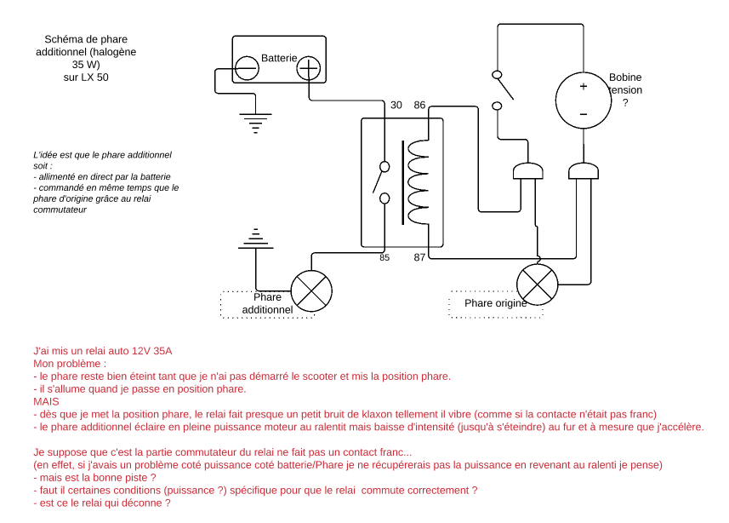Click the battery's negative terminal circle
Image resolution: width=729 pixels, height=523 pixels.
(x=247, y=68)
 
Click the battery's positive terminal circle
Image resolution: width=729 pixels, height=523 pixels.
(x=308, y=68)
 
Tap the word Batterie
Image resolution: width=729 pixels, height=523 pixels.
(x=278, y=58)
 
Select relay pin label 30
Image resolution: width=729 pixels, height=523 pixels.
(x=396, y=106)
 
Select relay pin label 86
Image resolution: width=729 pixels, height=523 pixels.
(x=419, y=106)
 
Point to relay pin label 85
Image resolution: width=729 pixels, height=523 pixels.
(x=384, y=257)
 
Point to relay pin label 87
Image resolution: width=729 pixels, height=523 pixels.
(x=419, y=257)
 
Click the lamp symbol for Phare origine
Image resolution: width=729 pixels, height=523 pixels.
(x=538, y=281)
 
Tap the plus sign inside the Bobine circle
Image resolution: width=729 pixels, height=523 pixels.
(x=584, y=87)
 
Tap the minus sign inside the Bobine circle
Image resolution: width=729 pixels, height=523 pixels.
(x=584, y=114)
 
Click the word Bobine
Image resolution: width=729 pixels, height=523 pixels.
(x=625, y=78)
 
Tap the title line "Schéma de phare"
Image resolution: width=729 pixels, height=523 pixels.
(x=85, y=39)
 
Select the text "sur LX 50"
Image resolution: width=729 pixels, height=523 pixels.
(x=85, y=78)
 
